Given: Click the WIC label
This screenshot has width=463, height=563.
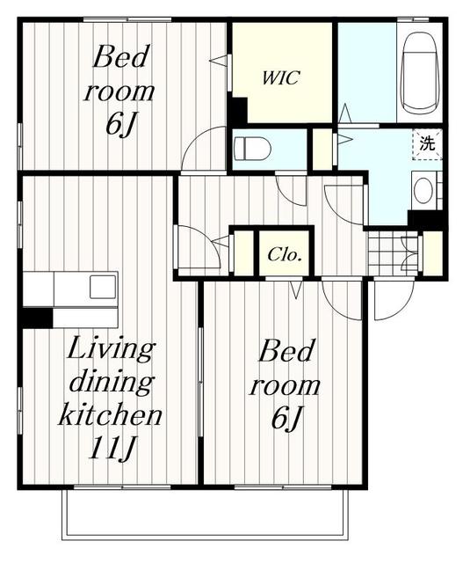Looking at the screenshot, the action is tap(280, 77).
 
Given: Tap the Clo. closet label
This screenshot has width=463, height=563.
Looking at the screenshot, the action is tap(284, 254).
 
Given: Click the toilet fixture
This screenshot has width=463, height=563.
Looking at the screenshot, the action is tap(251, 149).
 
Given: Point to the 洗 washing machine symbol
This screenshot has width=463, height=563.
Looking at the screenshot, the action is tap(427, 144).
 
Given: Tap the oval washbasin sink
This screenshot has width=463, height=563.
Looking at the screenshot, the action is tap(423, 191).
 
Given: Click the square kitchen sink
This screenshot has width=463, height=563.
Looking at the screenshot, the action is tap(103, 287).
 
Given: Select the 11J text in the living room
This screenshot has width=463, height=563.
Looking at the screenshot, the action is tap(112, 449).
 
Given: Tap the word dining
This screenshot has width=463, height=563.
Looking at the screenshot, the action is tap(112, 384).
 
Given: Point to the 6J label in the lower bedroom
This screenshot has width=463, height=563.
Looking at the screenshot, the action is tap(286, 418).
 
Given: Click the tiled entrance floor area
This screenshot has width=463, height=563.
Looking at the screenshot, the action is tap(393, 253).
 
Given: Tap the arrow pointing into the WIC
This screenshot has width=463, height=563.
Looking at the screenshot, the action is tap(219, 61).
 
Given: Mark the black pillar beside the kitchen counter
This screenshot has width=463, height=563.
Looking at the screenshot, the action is tap(37, 318).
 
